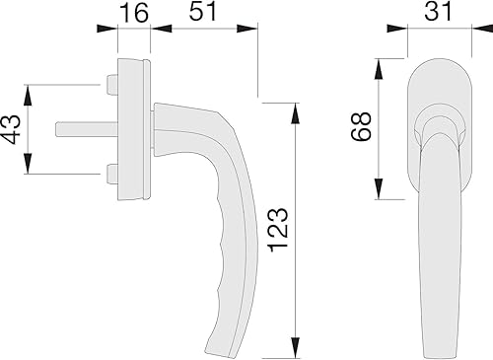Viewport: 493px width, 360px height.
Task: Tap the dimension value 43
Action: tap(13, 129)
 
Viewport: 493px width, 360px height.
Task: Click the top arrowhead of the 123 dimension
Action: tap(294, 106)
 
